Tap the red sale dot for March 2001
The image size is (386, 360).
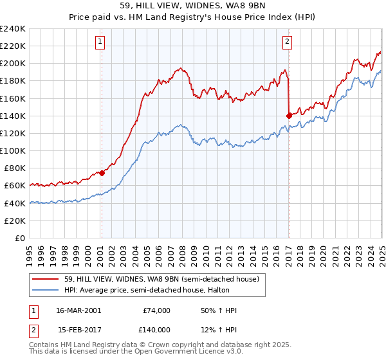pos(102,173)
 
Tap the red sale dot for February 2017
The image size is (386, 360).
pos(288,116)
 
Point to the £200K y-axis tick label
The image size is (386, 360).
pos(13,64)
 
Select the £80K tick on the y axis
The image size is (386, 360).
pos(15,168)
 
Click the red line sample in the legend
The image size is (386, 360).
pos(47,279)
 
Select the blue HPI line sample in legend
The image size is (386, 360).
pos(47,290)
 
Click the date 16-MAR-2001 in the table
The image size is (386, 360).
pos(79,310)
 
